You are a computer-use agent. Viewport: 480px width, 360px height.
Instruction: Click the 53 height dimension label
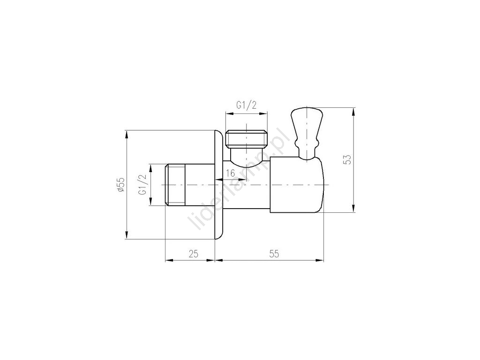point(347,159)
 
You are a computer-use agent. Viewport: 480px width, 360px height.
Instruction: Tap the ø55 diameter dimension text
point(121,185)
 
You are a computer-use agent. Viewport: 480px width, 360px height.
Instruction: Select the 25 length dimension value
point(193,254)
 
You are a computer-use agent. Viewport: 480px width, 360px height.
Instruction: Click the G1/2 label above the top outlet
point(246,105)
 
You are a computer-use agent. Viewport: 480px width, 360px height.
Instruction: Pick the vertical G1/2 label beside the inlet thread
point(142,185)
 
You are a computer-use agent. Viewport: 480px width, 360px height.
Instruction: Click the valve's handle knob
point(307,122)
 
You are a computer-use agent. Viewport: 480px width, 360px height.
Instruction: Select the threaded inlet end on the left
point(175,185)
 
